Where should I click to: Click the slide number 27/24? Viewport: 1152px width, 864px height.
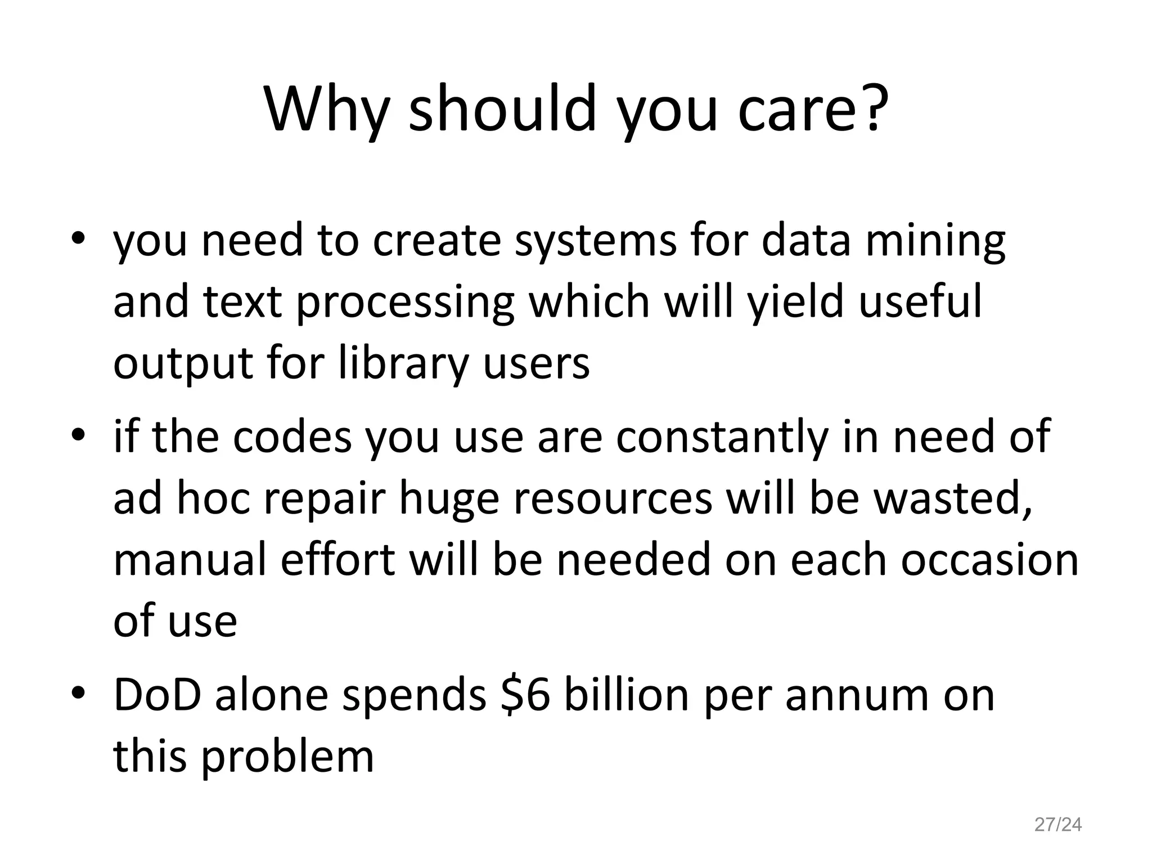[x=1058, y=825]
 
